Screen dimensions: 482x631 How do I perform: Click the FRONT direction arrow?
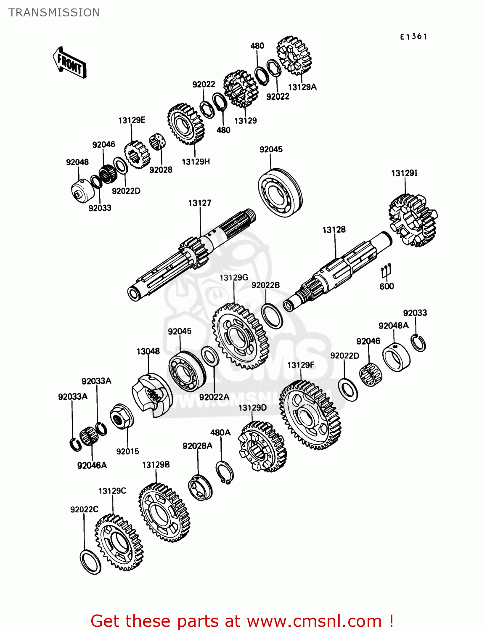[x=69, y=63]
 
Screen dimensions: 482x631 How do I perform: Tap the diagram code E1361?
[x=413, y=37]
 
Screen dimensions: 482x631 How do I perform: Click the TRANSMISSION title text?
[x=54, y=12]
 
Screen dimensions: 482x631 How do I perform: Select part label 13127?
[x=199, y=203]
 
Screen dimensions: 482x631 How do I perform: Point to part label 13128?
[x=334, y=230]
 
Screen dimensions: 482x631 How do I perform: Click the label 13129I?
[x=404, y=173]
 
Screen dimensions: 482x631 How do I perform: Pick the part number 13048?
[x=148, y=351]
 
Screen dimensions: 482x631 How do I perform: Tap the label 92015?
[x=127, y=451]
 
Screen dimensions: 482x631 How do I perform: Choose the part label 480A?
[x=220, y=432]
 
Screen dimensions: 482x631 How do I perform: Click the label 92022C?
[x=84, y=509]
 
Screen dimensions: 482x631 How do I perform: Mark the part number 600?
[x=387, y=286]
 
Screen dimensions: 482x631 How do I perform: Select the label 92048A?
[x=393, y=326]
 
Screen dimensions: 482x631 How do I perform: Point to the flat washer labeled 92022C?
[x=90, y=562]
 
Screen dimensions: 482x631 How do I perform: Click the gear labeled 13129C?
[x=119, y=543]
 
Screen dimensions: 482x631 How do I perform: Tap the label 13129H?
[x=196, y=162]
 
